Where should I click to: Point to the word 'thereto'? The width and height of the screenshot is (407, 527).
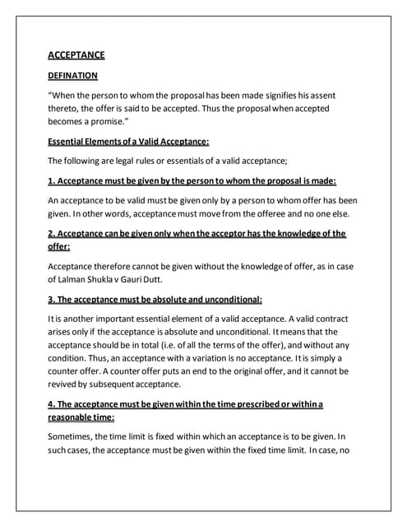65,107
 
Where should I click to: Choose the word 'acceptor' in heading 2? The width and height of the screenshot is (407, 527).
225,233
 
